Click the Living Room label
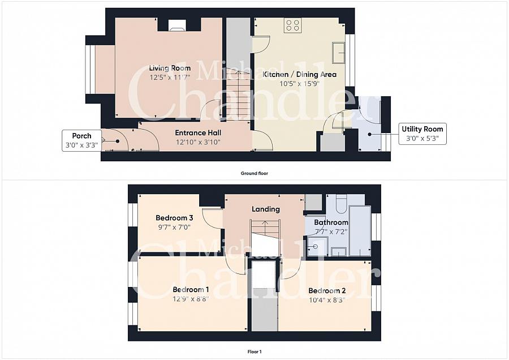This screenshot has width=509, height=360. (x=170, y=68)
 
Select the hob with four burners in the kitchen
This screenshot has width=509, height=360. (x=293, y=24)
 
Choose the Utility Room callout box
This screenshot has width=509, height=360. (x=423, y=133)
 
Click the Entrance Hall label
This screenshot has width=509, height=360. (x=197, y=132)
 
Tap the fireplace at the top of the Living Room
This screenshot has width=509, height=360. (x=176, y=24)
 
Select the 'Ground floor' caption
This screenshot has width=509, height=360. (x=253, y=173)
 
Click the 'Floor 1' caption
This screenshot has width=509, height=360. (x=253, y=352)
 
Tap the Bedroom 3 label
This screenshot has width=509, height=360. (x=174, y=218)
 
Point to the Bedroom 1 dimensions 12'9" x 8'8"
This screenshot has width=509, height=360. (x=191, y=299)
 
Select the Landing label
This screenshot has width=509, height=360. (x=266, y=209)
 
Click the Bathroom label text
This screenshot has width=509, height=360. (x=331, y=222)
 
